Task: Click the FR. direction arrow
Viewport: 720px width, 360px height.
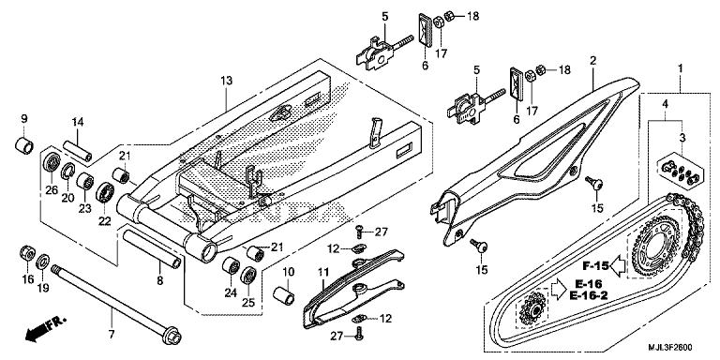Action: (45, 329)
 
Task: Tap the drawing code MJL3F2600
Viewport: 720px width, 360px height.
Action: (670, 347)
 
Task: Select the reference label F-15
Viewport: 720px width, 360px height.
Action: (596, 266)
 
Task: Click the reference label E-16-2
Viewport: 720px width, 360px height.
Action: (589, 296)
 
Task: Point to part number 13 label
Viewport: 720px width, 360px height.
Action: (226, 82)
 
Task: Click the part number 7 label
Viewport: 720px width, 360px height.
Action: (112, 334)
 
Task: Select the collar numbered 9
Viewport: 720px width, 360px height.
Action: (24, 144)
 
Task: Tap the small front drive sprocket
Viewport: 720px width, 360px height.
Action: (532, 308)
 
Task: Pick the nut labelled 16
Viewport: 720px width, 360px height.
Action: (27, 254)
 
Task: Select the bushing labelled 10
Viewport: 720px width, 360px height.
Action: (284, 294)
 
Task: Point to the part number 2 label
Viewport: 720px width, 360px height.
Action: (592, 61)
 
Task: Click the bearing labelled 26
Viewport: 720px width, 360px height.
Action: (52, 161)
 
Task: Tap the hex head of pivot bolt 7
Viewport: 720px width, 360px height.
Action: (172, 336)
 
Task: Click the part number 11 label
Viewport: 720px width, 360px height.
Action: (322, 272)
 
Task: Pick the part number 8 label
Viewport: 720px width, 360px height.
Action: (159, 280)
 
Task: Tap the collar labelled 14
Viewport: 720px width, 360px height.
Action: (77, 151)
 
